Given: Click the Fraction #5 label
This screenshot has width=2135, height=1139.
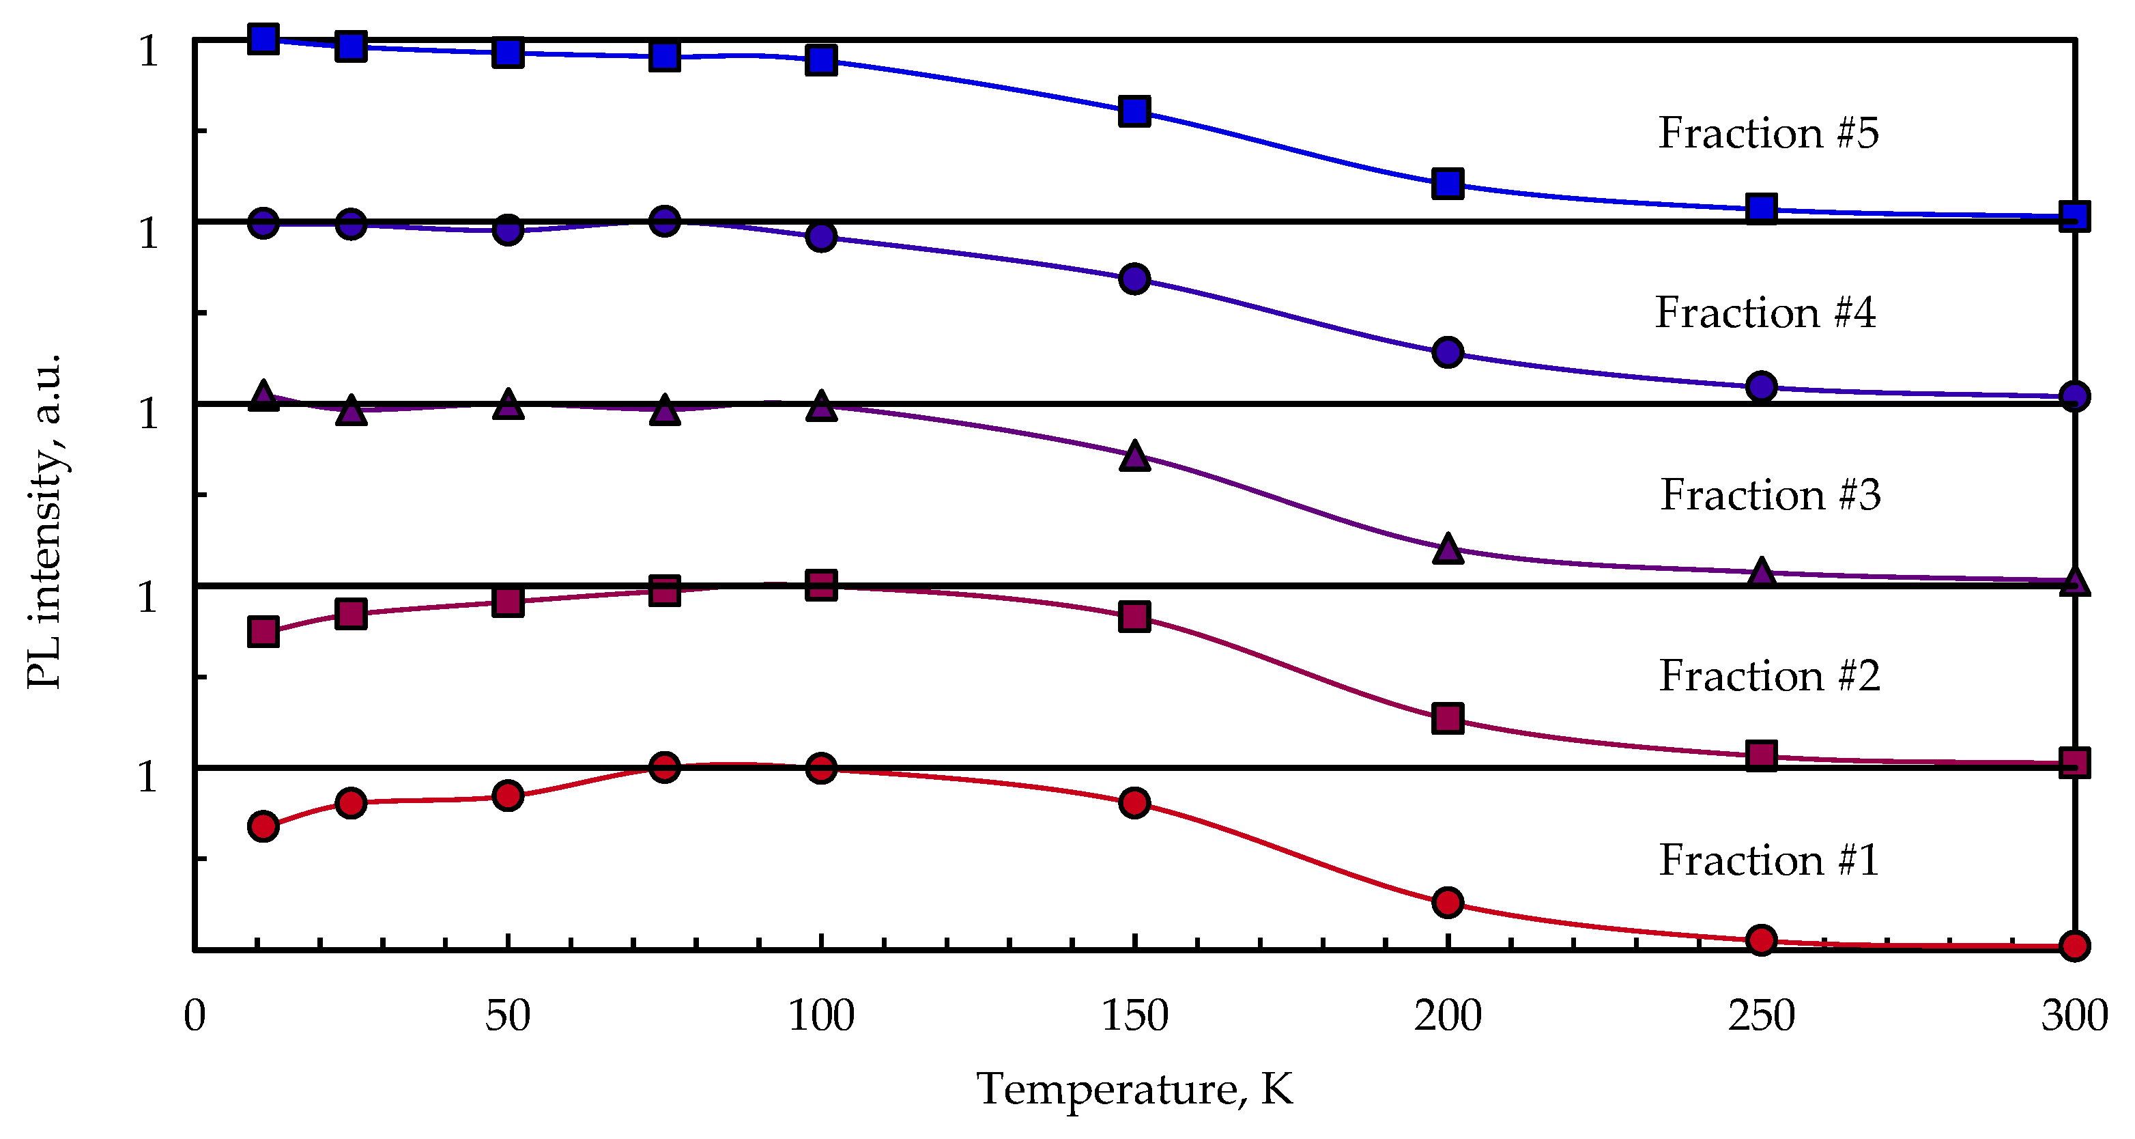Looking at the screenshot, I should point(1768,133).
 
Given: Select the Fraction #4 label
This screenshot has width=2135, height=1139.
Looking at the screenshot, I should point(1765,313).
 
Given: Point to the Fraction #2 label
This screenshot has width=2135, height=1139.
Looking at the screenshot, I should point(1768,677).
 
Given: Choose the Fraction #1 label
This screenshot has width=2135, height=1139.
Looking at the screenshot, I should point(1768,860).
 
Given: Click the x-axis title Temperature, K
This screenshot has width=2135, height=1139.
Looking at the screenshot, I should point(1134,1089).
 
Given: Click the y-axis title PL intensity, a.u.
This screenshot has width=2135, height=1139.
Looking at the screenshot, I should point(45,520).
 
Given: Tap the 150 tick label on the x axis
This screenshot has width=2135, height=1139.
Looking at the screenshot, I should point(1134,1016).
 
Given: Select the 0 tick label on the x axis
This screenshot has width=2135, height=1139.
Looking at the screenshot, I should point(195,1016).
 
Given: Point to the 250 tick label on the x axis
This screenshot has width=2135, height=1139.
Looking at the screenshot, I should point(1760,1016).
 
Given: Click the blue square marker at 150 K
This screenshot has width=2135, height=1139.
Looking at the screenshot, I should point(1134,110).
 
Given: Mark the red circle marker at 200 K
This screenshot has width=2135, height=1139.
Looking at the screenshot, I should point(1447,902).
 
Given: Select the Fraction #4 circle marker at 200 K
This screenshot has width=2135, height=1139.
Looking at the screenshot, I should point(1447,352).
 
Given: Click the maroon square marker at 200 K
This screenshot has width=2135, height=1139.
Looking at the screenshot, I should point(1447,718).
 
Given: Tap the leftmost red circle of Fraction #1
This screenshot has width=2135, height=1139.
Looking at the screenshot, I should point(263,826).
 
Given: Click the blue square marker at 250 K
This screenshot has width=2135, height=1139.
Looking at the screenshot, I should point(1760,208).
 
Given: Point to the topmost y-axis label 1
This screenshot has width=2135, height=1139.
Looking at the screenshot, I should point(147,51).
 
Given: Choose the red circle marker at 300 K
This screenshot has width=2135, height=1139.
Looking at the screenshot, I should point(2074,945).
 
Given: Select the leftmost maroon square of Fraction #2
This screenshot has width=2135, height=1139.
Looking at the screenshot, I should point(263,632).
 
